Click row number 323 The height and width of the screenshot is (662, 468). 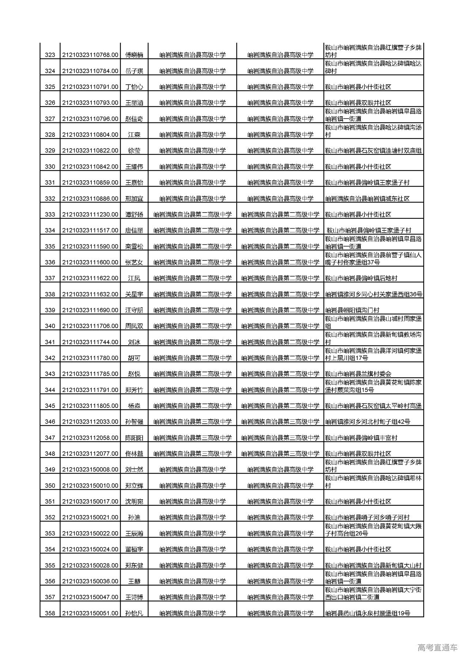50,55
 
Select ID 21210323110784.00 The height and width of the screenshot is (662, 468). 90,71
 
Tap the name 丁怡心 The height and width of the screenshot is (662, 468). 134,87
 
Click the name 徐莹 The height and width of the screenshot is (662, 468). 134,151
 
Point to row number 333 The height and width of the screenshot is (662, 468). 50,215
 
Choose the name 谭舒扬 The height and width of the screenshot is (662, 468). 134,215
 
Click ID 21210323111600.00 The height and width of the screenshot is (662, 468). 90,262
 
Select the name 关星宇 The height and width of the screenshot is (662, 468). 134,294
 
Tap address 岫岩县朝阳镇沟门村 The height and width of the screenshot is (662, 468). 352,310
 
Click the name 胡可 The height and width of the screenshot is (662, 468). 134,358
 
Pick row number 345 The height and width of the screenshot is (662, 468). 50,406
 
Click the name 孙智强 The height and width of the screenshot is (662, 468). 134,422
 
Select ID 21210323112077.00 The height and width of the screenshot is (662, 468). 90,454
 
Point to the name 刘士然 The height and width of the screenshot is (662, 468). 134,470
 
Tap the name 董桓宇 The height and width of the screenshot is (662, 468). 134,549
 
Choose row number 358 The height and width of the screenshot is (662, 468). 50,613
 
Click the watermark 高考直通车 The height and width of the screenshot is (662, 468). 437,648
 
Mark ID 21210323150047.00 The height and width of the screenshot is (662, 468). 90,597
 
